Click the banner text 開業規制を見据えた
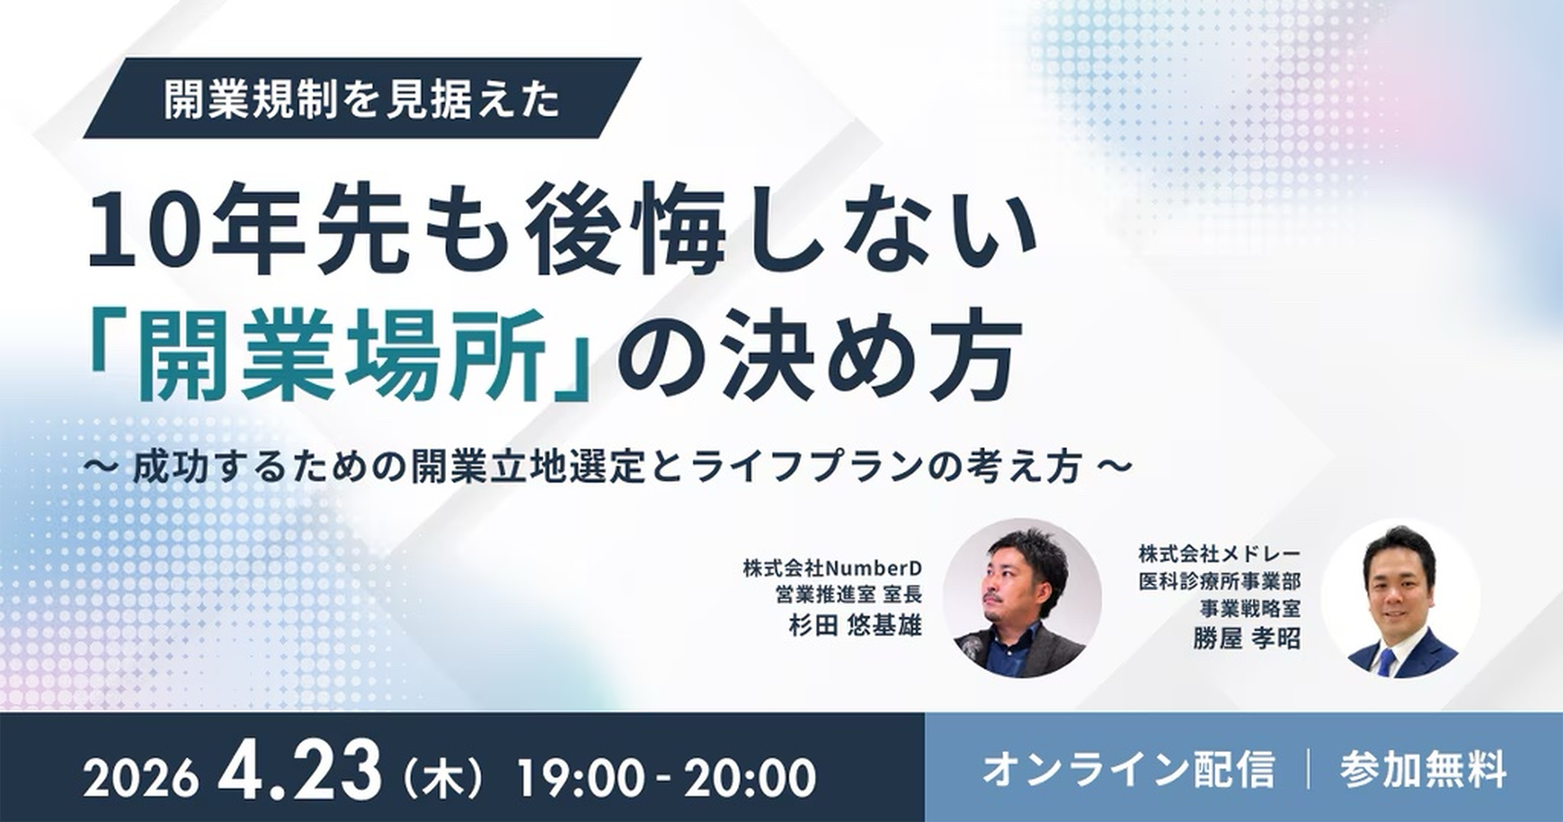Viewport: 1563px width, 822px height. coord(361,99)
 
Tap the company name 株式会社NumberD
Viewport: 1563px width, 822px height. coord(831,568)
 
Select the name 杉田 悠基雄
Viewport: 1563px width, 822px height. coord(854,625)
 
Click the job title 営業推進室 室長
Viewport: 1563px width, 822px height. coord(847,595)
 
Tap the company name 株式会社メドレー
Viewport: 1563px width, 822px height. coord(1219,555)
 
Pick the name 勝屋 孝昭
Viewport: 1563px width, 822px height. coord(1246,637)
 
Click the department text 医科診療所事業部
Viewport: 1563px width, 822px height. coord(1219,582)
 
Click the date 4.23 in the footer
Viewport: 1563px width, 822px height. coord(300,771)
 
